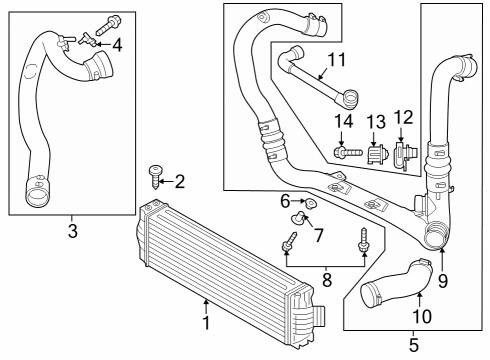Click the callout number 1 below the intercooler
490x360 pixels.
click(205, 323)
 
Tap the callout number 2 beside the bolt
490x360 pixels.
click(180, 181)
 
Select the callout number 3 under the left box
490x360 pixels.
click(71, 233)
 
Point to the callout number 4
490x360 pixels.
click(118, 44)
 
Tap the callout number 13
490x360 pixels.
click(376, 121)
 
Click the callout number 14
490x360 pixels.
click(344, 121)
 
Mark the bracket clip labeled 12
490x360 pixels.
click(402, 154)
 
